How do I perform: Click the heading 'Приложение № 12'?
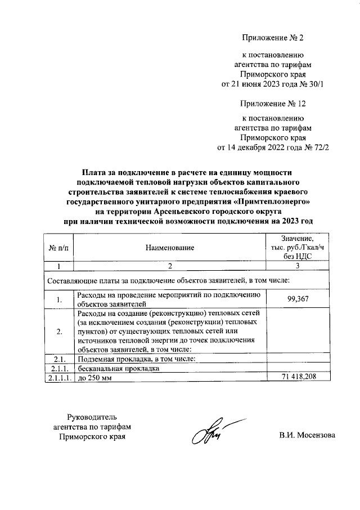click(273, 104)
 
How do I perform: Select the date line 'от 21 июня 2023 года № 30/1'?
click(273, 84)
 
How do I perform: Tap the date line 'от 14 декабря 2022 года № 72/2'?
click(273, 149)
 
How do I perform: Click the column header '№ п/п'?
click(58, 248)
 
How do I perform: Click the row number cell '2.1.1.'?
click(58, 369)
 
